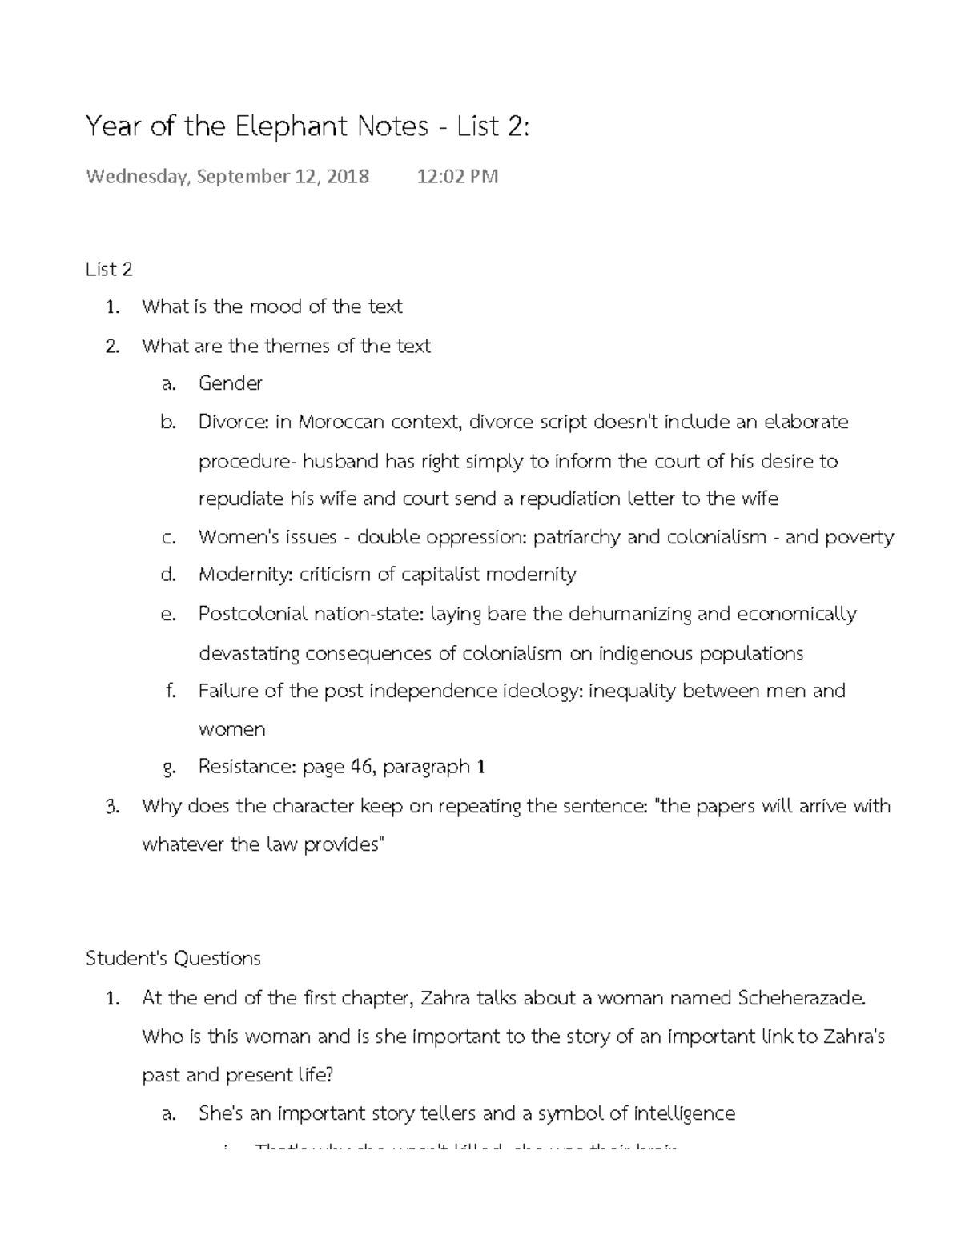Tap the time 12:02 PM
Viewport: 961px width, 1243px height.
coord(457,176)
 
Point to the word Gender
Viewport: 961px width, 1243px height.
coord(230,383)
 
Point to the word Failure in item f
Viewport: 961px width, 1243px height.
coord(228,691)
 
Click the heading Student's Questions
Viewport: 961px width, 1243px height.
coord(173,958)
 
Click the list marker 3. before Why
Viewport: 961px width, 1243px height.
coord(112,806)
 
